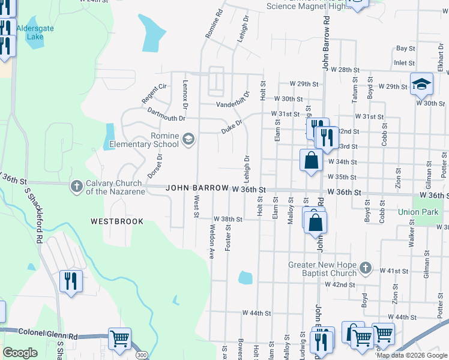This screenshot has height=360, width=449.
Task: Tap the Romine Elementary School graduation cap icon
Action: coord(188,140)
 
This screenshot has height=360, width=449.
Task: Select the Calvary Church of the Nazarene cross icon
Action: coord(76,187)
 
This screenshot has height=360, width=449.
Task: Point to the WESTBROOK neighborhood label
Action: coord(117,221)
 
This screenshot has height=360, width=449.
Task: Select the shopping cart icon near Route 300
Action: coord(119,339)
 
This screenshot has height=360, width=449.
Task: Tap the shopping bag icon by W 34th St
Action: coord(311,161)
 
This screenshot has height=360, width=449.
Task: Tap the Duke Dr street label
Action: coord(231,126)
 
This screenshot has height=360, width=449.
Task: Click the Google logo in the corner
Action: coord(20,353)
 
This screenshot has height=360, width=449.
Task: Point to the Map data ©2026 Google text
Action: coord(412,356)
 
